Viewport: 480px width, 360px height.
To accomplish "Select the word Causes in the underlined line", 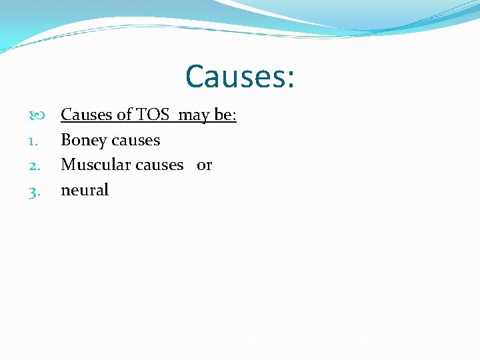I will (87, 115).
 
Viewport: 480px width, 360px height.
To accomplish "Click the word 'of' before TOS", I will (125, 115).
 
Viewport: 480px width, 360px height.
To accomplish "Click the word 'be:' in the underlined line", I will (225, 115).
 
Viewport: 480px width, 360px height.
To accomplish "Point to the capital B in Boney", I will (66, 140).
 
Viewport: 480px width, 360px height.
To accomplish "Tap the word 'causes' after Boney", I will (137, 141).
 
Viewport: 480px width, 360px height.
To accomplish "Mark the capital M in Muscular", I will (68, 165).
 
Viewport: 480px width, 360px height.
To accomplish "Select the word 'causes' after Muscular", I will (159, 165).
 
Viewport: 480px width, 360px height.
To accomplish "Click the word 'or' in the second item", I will (204, 165).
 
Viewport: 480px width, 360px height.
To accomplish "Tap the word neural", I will (85, 190).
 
